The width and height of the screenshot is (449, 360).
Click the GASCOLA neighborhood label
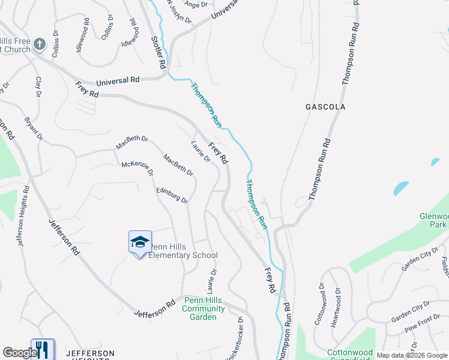325,107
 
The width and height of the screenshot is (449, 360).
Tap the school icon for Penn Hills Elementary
140,242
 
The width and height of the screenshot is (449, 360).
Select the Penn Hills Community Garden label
203,308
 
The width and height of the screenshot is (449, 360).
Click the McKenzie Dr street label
137,168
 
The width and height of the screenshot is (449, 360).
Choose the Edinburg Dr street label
172,196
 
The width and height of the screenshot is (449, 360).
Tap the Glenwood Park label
434,220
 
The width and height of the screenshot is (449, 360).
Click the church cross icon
40,44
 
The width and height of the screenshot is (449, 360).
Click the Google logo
19,353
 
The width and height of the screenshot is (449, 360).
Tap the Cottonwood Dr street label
319,308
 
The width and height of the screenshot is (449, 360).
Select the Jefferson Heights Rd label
23,215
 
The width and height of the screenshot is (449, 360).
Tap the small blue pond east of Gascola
401,188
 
